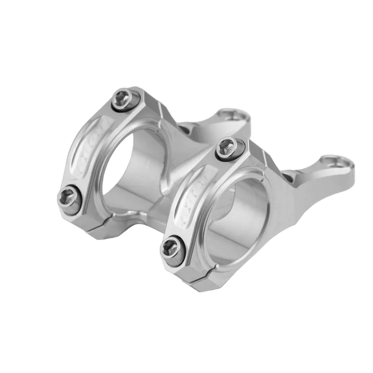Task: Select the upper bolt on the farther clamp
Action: coord(127,98)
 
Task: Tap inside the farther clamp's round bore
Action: coord(133,173)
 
